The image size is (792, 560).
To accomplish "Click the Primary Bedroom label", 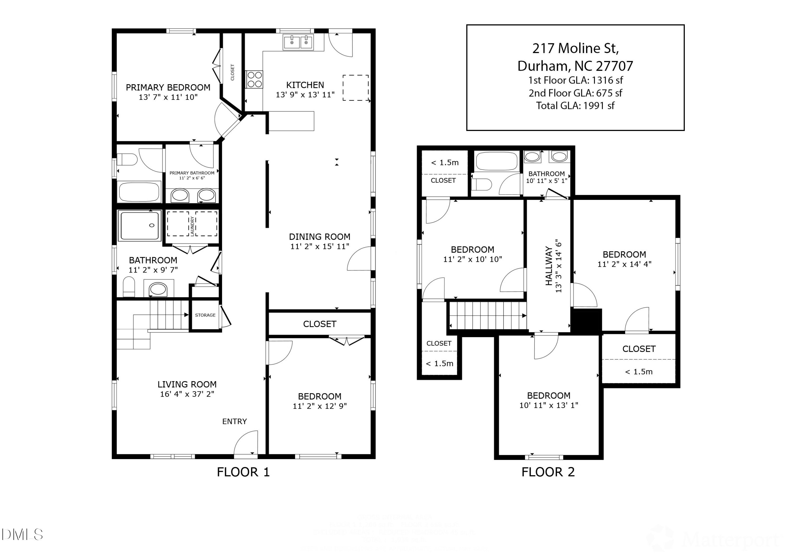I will pyautogui.click(x=168, y=87).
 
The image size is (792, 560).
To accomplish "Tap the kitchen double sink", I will pyautogui.click(x=298, y=42).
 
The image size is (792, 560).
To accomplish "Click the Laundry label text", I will pyautogui.click(x=192, y=226).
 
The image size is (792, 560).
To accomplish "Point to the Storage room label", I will pyautogui.click(x=205, y=315).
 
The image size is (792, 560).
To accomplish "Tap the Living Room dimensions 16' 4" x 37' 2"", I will pyautogui.click(x=187, y=394).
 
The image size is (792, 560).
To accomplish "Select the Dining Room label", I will pyautogui.click(x=319, y=237).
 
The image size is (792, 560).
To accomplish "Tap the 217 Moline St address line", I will pyautogui.click(x=575, y=48).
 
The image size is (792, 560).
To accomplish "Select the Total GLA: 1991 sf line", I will pyautogui.click(x=575, y=106).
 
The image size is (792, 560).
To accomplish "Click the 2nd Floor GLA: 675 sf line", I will pyautogui.click(x=575, y=93).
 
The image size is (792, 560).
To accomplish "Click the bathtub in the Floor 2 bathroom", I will pyautogui.click(x=496, y=161).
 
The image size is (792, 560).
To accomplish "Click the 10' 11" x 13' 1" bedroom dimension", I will pyautogui.click(x=549, y=405).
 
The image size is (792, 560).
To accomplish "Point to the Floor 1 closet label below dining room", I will pyautogui.click(x=319, y=324).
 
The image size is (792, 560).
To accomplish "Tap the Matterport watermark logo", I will pyautogui.click(x=714, y=539).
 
